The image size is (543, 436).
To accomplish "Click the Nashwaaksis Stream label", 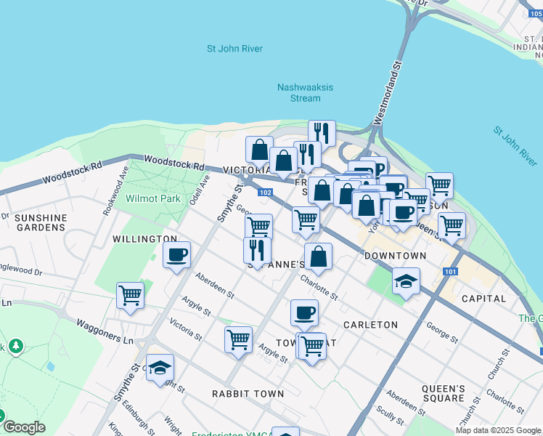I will pyautogui.click(x=305, y=92).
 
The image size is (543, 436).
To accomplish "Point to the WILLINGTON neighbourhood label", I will pyautogui.click(x=144, y=238).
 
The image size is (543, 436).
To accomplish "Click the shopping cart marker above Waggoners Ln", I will pyautogui.click(x=130, y=295).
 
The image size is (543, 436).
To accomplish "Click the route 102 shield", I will pyautogui.click(x=265, y=193).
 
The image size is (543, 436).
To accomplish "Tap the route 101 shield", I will pyautogui.click(x=450, y=272).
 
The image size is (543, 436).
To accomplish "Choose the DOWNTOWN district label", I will pyautogui.click(x=395, y=257).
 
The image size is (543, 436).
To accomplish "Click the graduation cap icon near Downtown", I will pyautogui.click(x=406, y=280).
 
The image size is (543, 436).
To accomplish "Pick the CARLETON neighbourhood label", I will pyautogui.click(x=370, y=325).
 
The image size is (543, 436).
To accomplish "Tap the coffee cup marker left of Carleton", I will pyautogui.click(x=304, y=312).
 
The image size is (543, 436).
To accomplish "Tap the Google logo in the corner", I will pyautogui.click(x=24, y=427).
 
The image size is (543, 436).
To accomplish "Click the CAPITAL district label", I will pyautogui.click(x=483, y=299).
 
